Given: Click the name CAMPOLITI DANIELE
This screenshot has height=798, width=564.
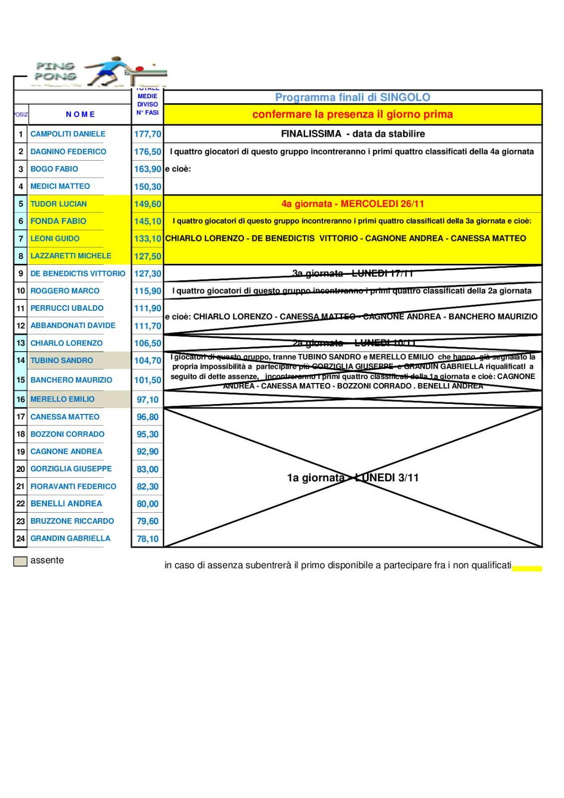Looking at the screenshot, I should (68, 134).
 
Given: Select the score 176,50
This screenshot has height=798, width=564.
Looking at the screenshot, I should (148, 152).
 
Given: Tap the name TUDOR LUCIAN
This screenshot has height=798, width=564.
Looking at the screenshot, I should (58, 204).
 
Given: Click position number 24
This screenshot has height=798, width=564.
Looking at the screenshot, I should (20, 539).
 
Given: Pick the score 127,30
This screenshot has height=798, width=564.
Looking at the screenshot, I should (148, 274).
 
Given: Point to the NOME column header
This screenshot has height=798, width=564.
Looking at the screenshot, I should (80, 114).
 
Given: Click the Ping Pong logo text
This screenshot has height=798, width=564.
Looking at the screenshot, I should (55, 71).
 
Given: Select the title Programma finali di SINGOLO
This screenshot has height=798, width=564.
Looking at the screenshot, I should (353, 97).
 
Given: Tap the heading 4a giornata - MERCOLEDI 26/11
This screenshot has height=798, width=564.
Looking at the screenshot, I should (353, 204).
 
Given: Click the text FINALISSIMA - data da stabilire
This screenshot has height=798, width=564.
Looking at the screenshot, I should (353, 134).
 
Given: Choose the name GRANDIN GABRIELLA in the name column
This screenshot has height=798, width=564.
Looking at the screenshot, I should (70, 539).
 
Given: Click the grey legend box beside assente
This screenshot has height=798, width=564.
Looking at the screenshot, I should (20, 561).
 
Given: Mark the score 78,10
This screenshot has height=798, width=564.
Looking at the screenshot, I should (148, 539).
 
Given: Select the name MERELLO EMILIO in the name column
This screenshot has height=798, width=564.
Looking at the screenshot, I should (62, 399).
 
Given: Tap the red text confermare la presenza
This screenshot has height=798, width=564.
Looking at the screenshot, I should (353, 114).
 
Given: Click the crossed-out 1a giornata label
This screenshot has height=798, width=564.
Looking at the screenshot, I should (353, 478).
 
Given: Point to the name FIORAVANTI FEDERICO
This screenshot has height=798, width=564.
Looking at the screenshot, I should (73, 486).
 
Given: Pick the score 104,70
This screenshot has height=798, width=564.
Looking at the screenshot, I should (148, 361).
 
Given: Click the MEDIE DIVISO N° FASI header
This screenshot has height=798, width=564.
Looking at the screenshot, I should (148, 104).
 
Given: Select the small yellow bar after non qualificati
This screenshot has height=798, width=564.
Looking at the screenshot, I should (527, 568).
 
